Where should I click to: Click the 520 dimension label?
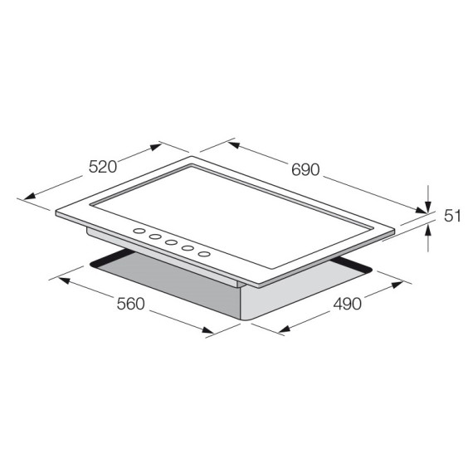tap(101, 166)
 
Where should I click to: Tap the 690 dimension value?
tap(305, 169)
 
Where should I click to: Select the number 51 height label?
tap(451, 216)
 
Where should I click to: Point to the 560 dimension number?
tap(130, 304)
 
